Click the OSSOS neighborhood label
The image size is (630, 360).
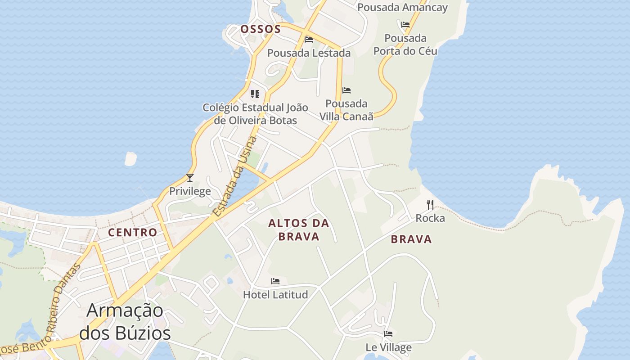(260, 29)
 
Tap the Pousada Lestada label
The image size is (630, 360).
(309, 53)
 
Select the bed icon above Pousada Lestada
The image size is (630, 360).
(309, 40)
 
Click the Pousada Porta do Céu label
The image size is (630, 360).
(405, 45)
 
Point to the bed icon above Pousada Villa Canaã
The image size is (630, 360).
(346, 90)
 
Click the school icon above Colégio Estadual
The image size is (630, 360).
(255, 94)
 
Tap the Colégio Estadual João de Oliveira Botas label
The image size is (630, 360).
(255, 114)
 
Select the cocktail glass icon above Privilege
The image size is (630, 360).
(190, 178)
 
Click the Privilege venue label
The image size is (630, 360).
(190, 191)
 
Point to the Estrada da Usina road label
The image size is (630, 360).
(235, 177)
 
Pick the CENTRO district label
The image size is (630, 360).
(133, 233)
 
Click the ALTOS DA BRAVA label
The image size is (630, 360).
(299, 229)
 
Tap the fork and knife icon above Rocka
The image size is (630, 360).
(430, 205)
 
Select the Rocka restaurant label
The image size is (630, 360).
(430, 218)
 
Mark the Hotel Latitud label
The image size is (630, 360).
(275, 295)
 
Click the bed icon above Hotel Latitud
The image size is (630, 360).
(275, 281)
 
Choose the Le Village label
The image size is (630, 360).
(388, 347)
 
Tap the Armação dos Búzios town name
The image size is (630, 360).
(125, 322)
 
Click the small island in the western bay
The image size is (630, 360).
(130, 158)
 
